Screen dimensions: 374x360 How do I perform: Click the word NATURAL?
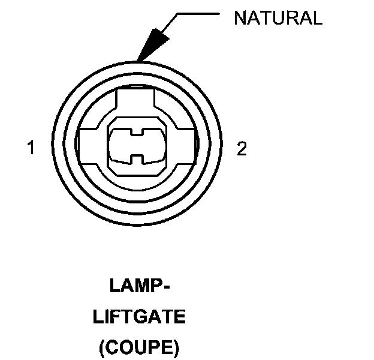point(278,17)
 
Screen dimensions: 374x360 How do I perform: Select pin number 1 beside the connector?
point(31,148)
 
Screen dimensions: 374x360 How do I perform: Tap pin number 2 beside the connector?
point(242,149)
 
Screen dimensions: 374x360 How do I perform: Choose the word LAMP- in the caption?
point(139,286)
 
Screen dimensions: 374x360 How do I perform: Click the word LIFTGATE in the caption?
point(139,317)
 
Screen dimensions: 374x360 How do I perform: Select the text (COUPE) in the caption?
point(139,347)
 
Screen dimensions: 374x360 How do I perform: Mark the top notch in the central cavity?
point(137,130)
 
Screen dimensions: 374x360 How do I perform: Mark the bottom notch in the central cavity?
point(137,160)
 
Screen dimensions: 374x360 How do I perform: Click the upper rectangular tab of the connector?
point(137,102)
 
